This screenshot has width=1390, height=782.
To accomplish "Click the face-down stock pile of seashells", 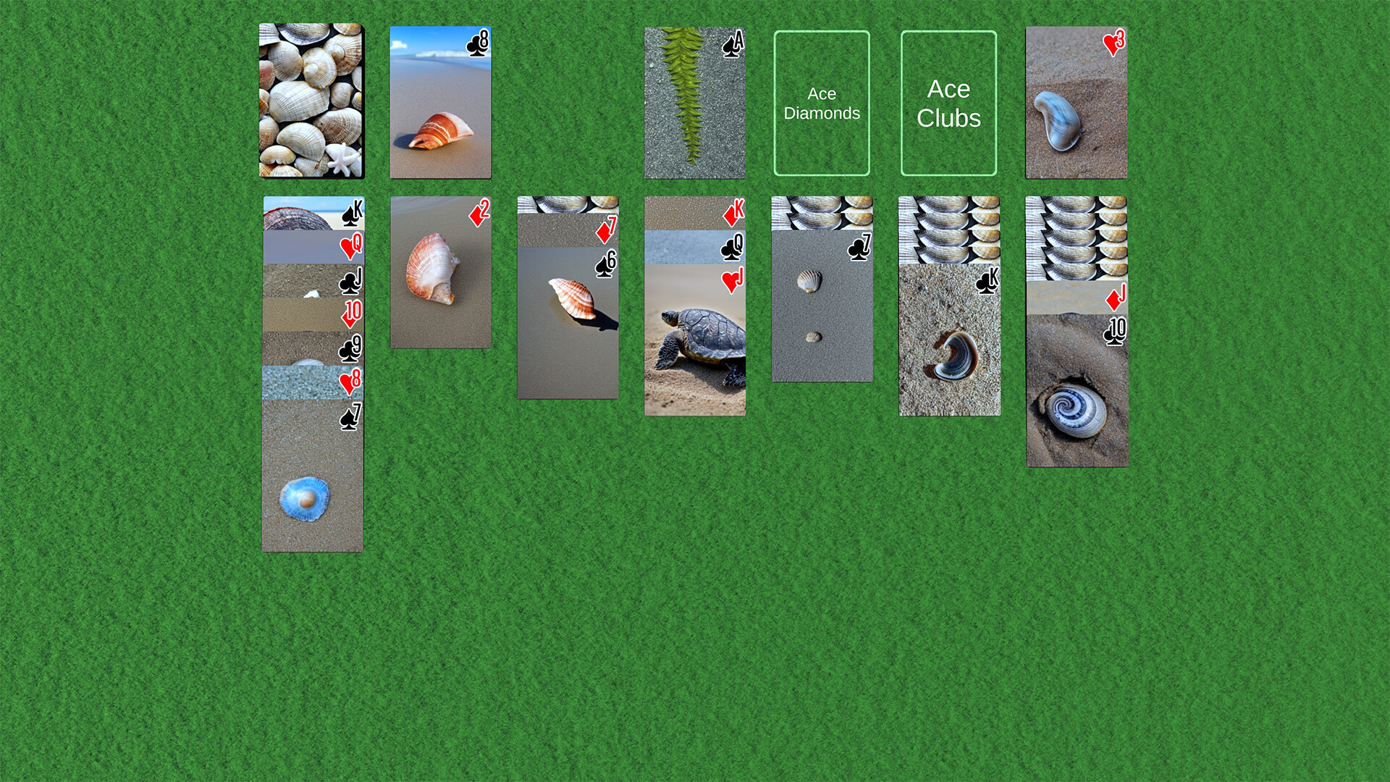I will [x=311, y=101].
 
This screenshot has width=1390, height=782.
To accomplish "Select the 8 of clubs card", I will [x=440, y=102].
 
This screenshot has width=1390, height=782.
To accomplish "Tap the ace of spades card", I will [x=694, y=102].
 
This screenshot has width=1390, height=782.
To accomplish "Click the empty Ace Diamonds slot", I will [x=821, y=103].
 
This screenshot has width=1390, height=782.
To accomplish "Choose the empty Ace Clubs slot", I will [x=948, y=103].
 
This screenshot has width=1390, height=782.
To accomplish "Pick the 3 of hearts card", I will [x=1076, y=102].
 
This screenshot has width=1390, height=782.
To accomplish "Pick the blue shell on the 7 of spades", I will [x=305, y=498].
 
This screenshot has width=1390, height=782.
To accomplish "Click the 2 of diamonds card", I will [x=441, y=272].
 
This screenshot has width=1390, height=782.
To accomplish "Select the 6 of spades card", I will [x=568, y=322].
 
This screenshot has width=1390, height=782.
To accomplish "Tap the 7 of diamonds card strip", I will [x=568, y=230].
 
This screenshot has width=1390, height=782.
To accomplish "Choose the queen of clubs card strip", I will [x=694, y=247].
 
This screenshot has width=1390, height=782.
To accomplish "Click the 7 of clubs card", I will [x=822, y=305].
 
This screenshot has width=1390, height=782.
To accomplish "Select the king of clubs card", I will [x=949, y=340].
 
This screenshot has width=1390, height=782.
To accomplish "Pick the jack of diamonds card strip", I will [x=1076, y=298].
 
